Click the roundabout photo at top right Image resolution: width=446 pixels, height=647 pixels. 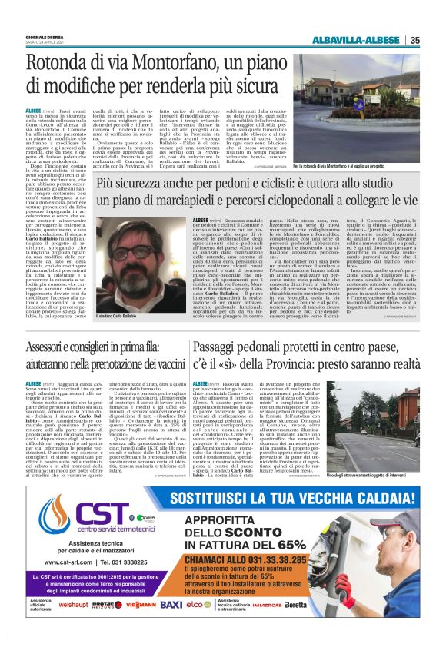375,134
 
